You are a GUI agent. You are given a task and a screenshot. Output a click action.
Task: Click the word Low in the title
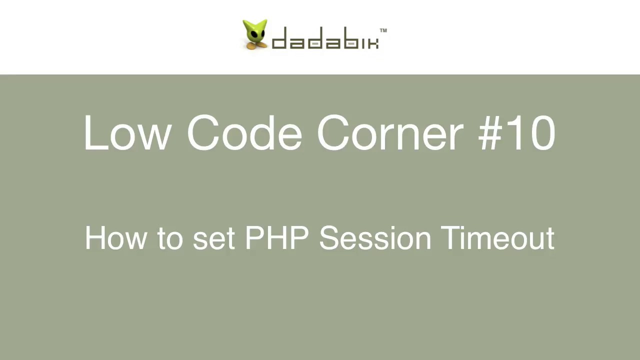[127, 133]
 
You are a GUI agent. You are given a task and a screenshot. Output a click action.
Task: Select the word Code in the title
[244, 133]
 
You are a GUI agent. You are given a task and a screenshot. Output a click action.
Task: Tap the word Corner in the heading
[390, 133]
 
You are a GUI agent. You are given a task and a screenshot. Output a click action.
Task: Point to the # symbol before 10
[492, 133]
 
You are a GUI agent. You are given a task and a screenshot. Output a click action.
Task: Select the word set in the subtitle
[213, 238]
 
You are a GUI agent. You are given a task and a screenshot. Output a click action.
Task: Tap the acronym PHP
[276, 238]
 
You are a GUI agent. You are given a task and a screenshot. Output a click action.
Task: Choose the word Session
[374, 238]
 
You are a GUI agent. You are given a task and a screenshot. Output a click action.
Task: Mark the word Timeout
[497, 238]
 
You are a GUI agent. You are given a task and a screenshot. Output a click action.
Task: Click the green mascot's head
[255, 30]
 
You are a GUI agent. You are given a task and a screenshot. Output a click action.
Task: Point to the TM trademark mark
[383, 30]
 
